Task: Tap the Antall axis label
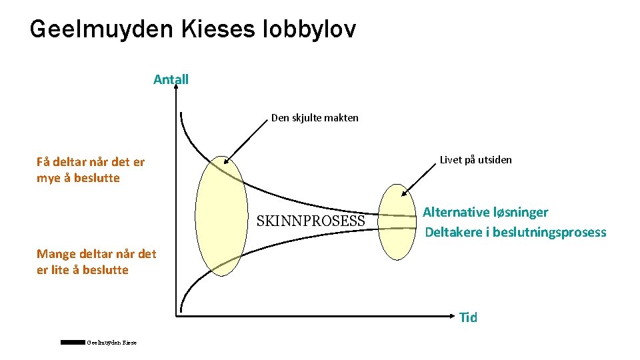(171, 80)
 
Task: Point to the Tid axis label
(468, 317)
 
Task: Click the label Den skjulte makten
(315, 118)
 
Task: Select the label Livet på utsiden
(476, 160)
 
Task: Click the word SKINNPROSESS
(311, 221)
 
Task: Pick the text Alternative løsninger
(485, 213)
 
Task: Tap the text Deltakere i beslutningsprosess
(515, 233)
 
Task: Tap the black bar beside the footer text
(73, 342)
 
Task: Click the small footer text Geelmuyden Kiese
(111, 343)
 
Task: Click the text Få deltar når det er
(91, 161)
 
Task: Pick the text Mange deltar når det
(97, 254)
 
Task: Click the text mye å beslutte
(78, 178)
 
